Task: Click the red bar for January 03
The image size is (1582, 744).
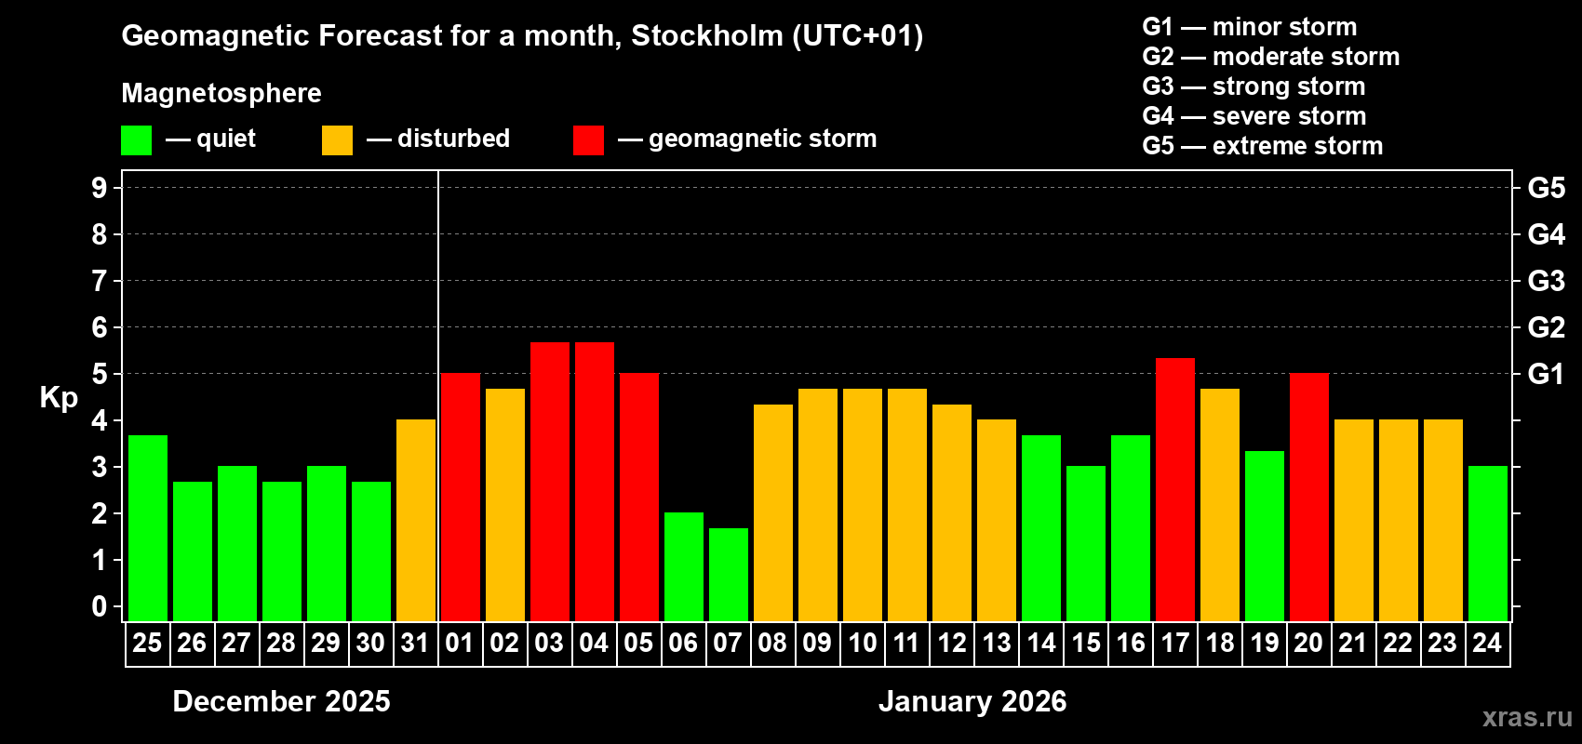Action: coord(550,481)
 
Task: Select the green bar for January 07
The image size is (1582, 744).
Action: coord(729,574)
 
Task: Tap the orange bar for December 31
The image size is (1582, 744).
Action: coord(416,520)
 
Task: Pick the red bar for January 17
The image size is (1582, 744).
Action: coord(1175,489)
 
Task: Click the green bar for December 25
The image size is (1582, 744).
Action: coord(148,527)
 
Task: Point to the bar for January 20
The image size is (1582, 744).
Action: coord(1309,497)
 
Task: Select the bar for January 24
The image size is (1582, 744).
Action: coord(1488,543)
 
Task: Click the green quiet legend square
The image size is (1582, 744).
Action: coord(137,140)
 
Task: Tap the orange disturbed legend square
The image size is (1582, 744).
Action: coord(337,140)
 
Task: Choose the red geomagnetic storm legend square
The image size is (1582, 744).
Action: coord(588,140)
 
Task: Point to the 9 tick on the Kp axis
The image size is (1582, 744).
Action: coord(100,188)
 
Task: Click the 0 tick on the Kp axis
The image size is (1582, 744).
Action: coord(100,607)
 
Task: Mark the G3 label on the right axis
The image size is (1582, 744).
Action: coord(1546,281)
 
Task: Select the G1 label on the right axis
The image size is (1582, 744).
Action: coord(1546,374)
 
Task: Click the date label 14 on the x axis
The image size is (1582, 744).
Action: coord(1041,643)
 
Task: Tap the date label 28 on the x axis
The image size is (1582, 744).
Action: coord(281,643)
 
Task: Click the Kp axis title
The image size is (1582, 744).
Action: coord(59,397)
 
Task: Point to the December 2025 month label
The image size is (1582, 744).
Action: coord(281,701)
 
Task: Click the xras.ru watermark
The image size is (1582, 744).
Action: coord(1527,717)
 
